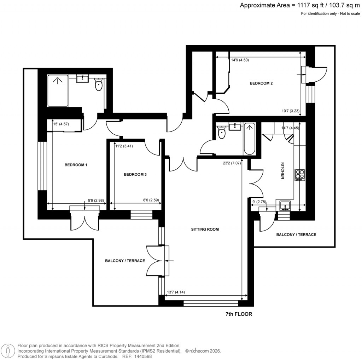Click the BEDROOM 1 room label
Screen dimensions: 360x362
point(76,165)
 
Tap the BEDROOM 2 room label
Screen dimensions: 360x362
point(261,83)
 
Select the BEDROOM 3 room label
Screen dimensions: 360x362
point(135,174)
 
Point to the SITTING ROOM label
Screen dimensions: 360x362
point(205,229)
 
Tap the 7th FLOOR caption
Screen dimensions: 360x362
point(239,314)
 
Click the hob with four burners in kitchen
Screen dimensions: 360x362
point(300,175)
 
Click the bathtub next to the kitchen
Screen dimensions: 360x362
point(249,139)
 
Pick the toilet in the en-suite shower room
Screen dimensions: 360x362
point(99,85)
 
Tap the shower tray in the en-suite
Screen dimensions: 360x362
point(58,91)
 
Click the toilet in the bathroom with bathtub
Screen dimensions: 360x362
point(222,133)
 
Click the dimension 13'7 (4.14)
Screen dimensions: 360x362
point(176,292)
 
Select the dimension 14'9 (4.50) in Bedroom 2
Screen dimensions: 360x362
point(240,60)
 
